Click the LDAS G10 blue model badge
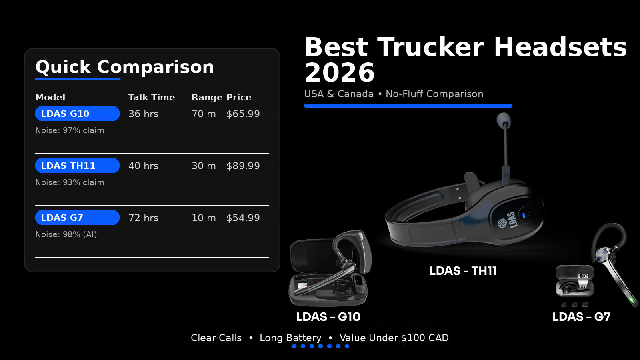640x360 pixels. [77, 114]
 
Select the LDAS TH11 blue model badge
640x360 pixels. [77, 166]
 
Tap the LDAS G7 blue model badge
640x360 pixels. [77, 218]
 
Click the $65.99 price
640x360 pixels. [243, 114]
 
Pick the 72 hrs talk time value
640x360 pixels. [143, 218]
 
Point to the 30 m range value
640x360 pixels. [204, 166]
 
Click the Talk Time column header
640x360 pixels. [152, 97]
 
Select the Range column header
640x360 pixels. [207, 98]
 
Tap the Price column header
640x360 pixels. [239, 97]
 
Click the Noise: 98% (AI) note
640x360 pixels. [66, 234]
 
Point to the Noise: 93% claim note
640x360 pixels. [70, 182]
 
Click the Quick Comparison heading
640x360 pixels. [125, 67]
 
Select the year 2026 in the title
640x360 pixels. [340, 73]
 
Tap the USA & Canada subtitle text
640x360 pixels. [338, 94]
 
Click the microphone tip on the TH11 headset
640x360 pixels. [503, 119]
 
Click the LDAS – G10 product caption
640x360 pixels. [328, 317]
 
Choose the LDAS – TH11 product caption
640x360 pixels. [463, 271]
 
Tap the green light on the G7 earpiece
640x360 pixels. [632, 300]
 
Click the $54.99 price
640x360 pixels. [243, 218]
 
